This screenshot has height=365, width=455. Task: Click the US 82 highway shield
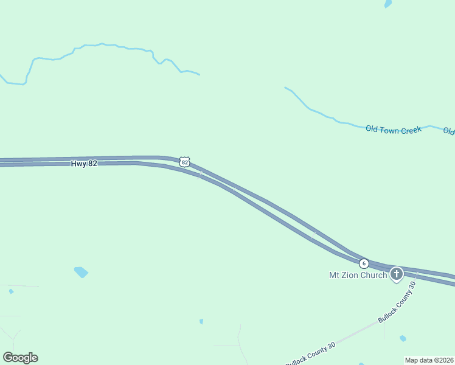coord(185,162)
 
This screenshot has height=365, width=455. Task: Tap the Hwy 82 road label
coord(84,164)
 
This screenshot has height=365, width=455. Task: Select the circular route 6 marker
coord(364,263)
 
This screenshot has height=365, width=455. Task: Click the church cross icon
coord(397,274)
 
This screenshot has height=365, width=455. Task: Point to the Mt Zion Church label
coord(358,275)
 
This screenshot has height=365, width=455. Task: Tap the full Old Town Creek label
coord(394,130)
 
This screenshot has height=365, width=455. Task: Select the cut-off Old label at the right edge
coord(449,131)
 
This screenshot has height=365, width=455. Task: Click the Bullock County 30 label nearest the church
coord(397,302)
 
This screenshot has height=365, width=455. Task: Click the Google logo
coord(20,358)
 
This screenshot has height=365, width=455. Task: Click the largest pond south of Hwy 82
coord(81,272)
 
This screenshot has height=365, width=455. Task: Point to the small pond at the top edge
coord(388,4)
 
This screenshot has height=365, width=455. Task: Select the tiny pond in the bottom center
coord(201,321)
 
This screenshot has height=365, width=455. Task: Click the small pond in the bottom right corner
coord(403,338)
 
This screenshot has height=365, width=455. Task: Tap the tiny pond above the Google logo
coord(11,291)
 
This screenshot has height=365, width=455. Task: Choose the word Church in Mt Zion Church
coord(373,275)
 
